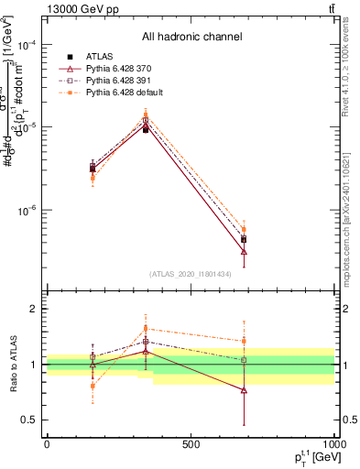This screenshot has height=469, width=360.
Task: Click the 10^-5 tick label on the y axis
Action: point(28,127)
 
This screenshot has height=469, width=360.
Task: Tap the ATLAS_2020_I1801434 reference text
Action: point(191,274)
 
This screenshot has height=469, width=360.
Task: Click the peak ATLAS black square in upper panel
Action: point(146,130)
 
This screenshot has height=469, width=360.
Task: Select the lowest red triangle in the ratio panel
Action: point(244,390)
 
